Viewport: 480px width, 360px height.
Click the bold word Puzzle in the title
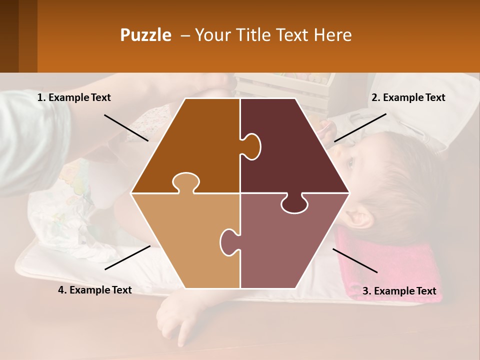145,35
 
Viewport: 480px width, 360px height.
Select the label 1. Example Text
74,98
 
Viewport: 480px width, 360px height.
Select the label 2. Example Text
408,98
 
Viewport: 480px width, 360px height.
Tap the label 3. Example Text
399,291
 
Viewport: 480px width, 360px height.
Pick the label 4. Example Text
95,290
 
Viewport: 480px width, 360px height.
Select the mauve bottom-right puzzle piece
285,245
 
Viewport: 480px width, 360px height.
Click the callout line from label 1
126,127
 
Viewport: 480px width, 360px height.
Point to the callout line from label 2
360,127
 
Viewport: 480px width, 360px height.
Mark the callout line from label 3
355,260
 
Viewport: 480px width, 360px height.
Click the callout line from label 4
127,257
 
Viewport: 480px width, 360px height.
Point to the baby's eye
349,162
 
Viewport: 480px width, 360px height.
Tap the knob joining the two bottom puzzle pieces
229,241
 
